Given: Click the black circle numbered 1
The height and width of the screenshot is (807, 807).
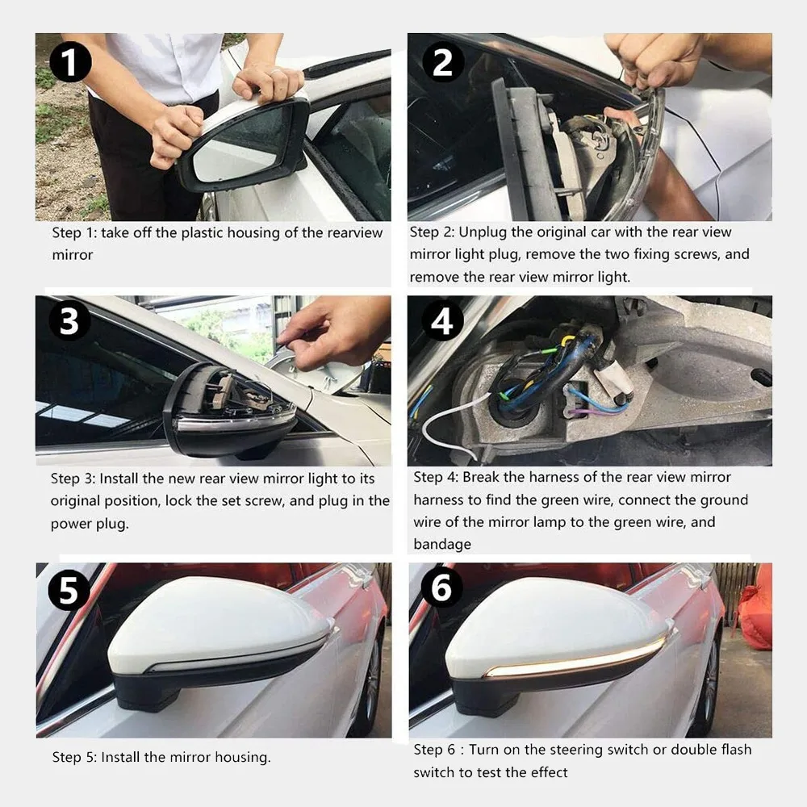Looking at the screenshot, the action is [70, 62].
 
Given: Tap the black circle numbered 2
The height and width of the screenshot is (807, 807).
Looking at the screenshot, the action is [443, 62].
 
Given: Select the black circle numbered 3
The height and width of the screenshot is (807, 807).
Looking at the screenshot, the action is [69, 321].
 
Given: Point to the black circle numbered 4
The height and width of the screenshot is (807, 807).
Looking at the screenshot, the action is [442, 321].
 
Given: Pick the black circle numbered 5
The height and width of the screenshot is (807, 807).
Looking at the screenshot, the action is [69, 590].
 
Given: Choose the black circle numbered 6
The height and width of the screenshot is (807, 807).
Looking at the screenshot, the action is [441, 587].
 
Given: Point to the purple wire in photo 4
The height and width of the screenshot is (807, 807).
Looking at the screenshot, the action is [592, 410].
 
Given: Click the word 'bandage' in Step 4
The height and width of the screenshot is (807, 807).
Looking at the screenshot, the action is [442, 544].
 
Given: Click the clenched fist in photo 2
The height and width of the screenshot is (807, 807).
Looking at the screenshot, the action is [656, 59].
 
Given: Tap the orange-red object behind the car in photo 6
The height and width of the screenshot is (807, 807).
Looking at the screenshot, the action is [755, 608].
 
